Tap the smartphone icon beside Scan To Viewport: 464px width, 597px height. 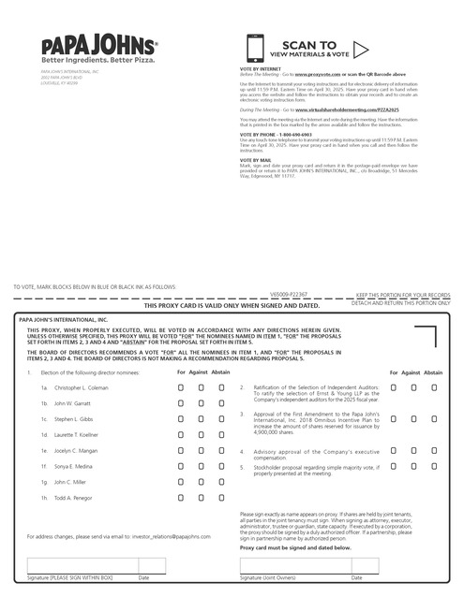click(255, 49)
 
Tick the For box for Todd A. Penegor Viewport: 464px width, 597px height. click(182, 498)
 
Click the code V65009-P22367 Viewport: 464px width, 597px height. click(264, 294)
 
